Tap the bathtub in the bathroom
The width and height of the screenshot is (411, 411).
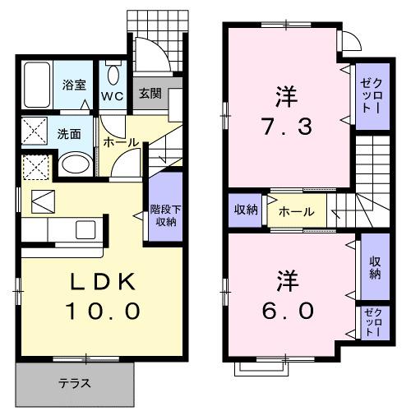pyautogui.click(x=37, y=87)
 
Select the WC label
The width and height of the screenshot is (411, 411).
pyautogui.click(x=112, y=94)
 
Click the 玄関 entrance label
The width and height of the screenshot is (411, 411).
pyautogui.click(x=149, y=94)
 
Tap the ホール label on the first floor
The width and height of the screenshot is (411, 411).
pyautogui.click(x=120, y=141)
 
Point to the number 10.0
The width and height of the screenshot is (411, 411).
pyautogui.click(x=101, y=312)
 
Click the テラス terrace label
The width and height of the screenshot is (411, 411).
pyautogui.click(x=74, y=383)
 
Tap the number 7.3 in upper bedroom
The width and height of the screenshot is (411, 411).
pyautogui.click(x=285, y=127)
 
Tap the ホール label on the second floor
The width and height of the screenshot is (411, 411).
pyautogui.click(x=296, y=212)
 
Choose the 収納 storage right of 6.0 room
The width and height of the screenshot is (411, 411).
pyautogui.click(x=374, y=267)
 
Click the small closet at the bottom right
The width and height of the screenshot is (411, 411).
pyautogui.click(x=374, y=325)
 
